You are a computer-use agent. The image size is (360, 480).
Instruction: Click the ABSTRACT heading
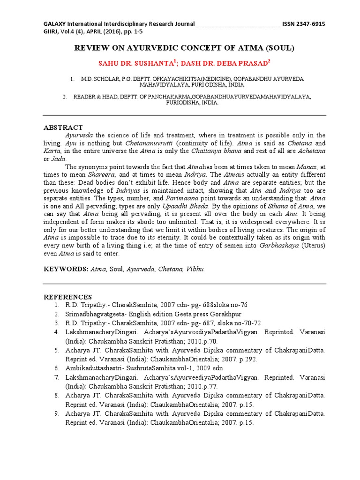pyautogui.click(x=63, y=127)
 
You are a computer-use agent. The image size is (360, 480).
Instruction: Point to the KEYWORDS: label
pyautogui.click(x=66, y=270)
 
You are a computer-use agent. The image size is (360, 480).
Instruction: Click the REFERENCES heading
pyautogui.click(x=67, y=297)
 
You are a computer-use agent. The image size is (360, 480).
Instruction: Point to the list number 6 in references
pyautogui.click(x=56, y=368)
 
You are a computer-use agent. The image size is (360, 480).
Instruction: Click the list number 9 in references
pyautogui.click(x=56, y=414)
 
